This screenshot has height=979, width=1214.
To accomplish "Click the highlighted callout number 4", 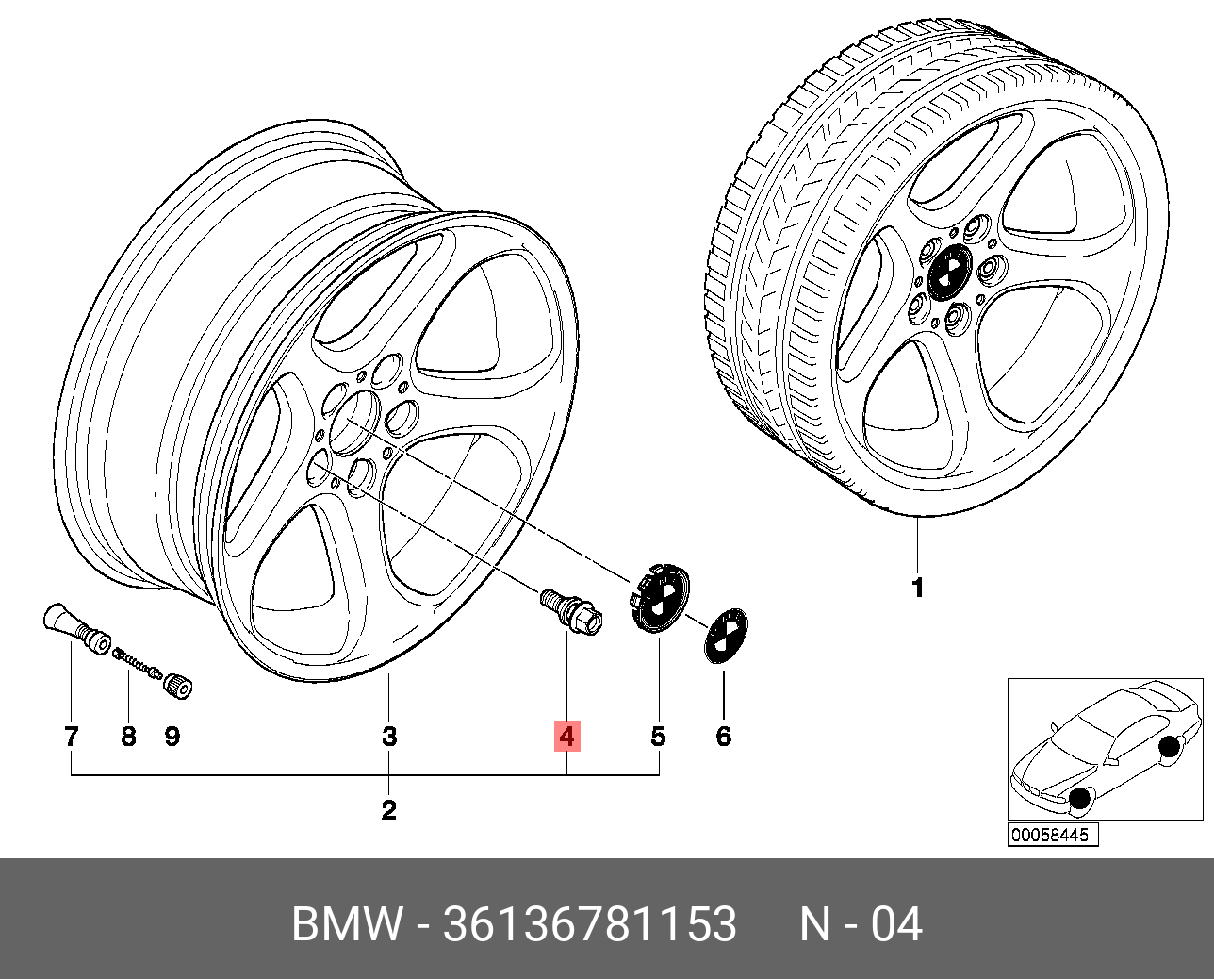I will click(x=566, y=736).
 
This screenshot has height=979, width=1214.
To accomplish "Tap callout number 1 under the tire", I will click(x=917, y=589).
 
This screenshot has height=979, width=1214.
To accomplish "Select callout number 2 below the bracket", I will click(x=388, y=809).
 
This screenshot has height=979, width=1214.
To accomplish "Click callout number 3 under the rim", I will click(x=389, y=737).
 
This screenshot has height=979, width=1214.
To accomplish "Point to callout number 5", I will click(x=658, y=737).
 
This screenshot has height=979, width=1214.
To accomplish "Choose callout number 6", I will click(x=723, y=737).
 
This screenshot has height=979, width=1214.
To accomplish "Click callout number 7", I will click(x=72, y=737).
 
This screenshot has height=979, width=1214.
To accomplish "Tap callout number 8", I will click(x=128, y=737).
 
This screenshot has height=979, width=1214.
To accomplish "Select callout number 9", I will click(x=172, y=737).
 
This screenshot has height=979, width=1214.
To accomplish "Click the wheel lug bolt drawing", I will click(x=571, y=611).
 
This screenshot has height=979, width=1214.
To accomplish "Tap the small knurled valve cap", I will click(x=178, y=684).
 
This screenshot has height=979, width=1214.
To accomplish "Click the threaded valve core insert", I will click(x=135, y=662).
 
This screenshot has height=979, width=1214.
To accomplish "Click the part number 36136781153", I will click(x=589, y=925).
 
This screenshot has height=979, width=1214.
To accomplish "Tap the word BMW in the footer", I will click(x=346, y=925).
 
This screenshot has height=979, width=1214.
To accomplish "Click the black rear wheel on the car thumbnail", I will click(x=1169, y=749).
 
